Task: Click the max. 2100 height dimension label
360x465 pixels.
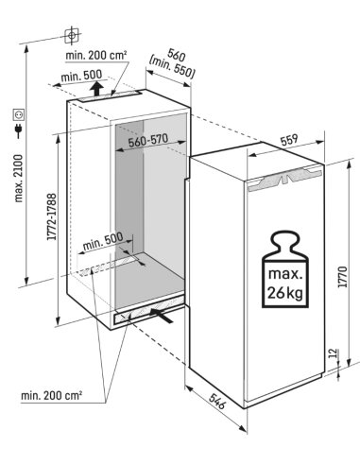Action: (x=19, y=179)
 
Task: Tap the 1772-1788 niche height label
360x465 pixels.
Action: (x=52, y=216)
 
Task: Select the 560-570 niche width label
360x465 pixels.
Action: (x=148, y=140)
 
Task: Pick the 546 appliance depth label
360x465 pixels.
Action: (x=217, y=401)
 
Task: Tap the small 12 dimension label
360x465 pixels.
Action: (x=333, y=353)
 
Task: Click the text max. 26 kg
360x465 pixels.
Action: (x=285, y=284)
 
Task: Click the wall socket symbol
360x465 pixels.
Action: (x=19, y=114)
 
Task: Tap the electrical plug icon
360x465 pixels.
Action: (x=19, y=131)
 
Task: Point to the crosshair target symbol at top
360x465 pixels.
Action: (x=72, y=34)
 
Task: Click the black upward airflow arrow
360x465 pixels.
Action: (x=97, y=88)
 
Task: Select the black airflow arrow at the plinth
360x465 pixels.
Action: (x=162, y=316)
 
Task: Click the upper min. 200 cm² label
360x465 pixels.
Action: (x=96, y=56)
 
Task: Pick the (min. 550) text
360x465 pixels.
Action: (x=172, y=66)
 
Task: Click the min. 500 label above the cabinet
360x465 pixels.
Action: (x=82, y=76)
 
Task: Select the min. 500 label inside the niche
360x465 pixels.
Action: (x=103, y=240)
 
